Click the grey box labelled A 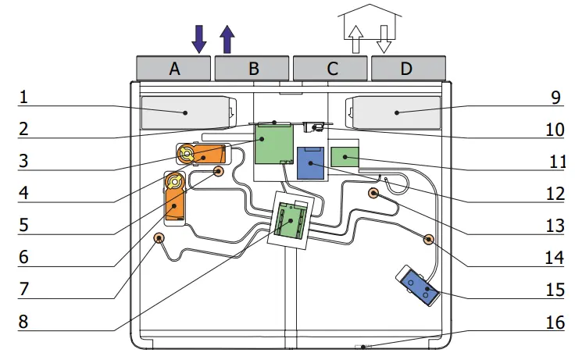click(x=173, y=68)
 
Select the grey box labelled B click(x=252, y=68)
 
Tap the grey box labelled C click(x=330, y=68)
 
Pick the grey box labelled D click(x=409, y=68)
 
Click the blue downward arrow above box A click(x=199, y=39)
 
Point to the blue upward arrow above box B click(x=227, y=39)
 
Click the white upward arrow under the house click(x=355, y=39)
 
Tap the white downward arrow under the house click(x=384, y=39)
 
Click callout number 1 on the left click(x=23, y=98)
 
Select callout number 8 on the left click(x=23, y=322)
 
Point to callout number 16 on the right click(x=555, y=323)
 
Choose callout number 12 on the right click(x=555, y=194)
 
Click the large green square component click(x=274, y=144)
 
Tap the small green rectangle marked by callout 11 click(x=345, y=157)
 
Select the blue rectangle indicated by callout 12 click(x=311, y=163)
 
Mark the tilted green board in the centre click(x=291, y=221)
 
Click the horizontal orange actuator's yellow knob click(x=187, y=154)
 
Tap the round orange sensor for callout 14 click(x=428, y=240)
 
